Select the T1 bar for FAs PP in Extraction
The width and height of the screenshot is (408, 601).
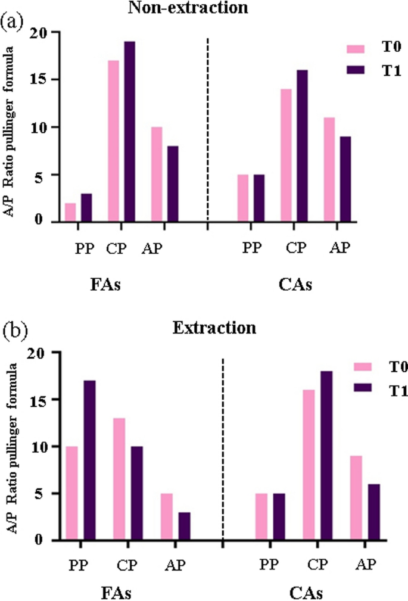[x=89, y=460]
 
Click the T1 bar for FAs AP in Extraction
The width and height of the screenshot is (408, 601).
[x=184, y=526]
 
